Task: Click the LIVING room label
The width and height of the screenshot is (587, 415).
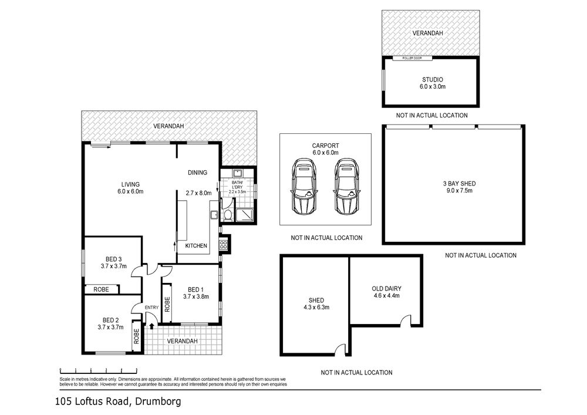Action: tap(130, 184)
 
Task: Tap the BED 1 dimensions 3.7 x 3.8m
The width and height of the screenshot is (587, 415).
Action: tap(196, 297)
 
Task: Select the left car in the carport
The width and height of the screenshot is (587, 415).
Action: tap(303, 186)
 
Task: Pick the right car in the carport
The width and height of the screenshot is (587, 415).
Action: tap(347, 186)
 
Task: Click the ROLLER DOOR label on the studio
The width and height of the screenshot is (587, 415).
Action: tap(412, 58)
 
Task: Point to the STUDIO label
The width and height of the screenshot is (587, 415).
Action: tap(433, 79)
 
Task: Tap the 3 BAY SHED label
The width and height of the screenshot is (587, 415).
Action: tap(460, 183)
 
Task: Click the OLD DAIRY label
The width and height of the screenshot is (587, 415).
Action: tap(386, 289)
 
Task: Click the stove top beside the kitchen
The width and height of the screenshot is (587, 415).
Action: tap(224, 245)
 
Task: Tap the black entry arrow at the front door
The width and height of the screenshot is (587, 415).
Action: tap(151, 326)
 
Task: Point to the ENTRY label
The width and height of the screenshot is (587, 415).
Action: tap(151, 308)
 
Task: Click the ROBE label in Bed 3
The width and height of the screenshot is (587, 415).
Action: tap(101, 289)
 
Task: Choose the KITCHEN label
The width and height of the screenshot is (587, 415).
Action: tap(196, 245)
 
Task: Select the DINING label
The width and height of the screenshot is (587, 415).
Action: tap(197, 173)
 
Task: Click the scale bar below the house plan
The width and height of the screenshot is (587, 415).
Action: tap(99, 371)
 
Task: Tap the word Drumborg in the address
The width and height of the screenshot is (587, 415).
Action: tap(158, 402)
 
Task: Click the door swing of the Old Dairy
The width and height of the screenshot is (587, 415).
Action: tap(405, 320)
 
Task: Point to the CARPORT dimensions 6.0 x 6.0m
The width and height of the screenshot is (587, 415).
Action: tap(325, 153)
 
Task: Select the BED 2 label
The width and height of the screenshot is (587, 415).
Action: tap(110, 320)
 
